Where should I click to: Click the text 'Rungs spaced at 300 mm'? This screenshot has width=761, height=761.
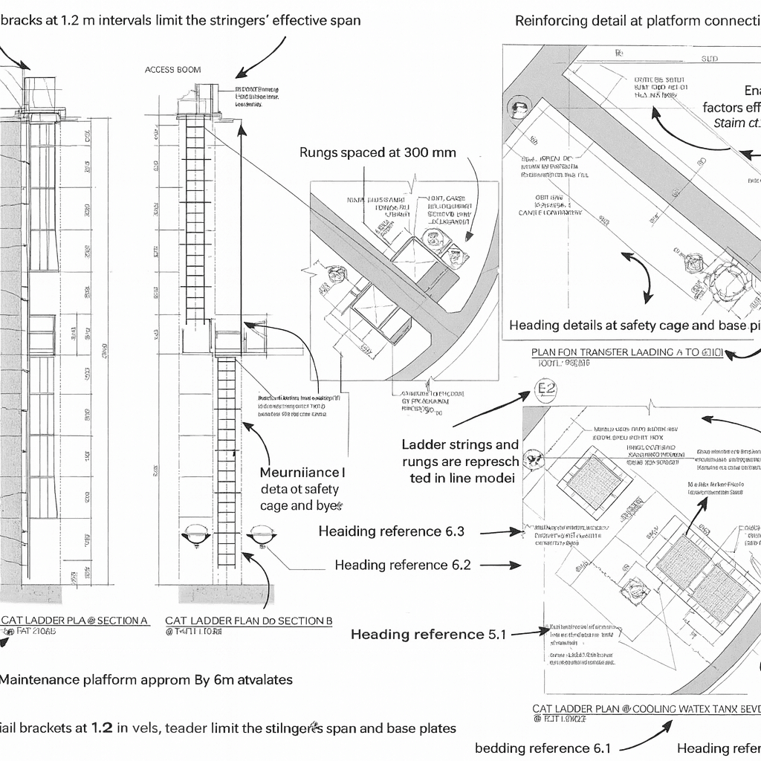click(x=378, y=152)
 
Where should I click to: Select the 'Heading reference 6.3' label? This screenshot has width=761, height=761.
click(x=391, y=531)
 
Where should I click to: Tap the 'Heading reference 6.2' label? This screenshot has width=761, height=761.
click(x=402, y=565)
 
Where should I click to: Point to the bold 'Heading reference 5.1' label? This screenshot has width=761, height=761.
click(x=428, y=634)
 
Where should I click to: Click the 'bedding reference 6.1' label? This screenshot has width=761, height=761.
click(x=543, y=748)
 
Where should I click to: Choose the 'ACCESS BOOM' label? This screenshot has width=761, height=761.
click(x=173, y=70)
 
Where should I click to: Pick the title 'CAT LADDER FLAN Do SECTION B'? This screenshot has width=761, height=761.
click(x=248, y=620)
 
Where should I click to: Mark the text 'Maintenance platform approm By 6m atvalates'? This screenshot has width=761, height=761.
click(x=146, y=679)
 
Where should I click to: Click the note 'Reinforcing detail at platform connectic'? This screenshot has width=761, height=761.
click(x=638, y=21)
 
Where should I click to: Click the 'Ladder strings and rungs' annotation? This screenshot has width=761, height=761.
click(x=460, y=461)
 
